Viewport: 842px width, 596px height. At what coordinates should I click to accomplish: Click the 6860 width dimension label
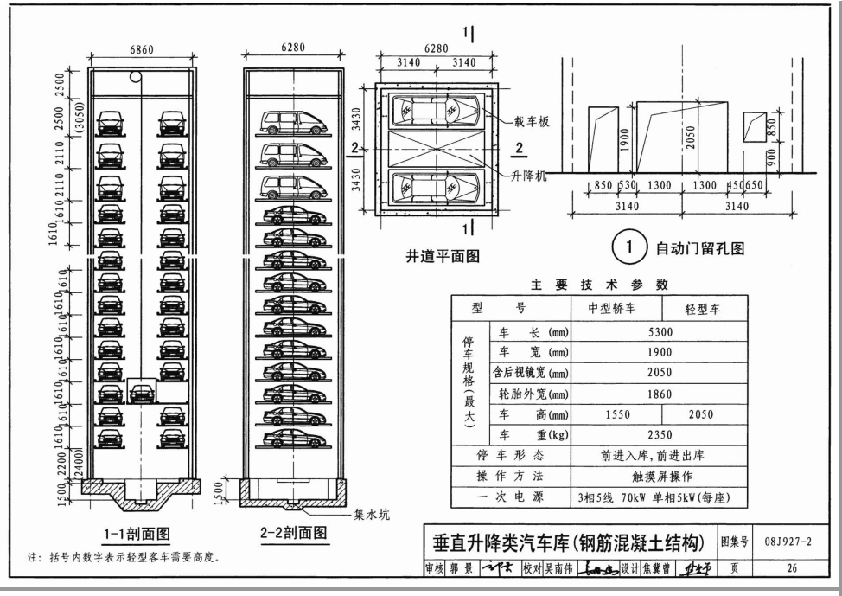click(x=142, y=50)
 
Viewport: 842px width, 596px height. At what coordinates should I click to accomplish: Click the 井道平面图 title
click(x=443, y=256)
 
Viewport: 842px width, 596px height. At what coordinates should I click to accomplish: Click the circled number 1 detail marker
click(x=629, y=250)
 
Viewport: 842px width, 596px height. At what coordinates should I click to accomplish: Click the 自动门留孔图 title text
click(x=700, y=250)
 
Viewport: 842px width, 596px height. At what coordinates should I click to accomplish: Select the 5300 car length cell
click(x=660, y=332)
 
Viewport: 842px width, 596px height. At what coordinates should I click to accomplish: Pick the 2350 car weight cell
click(x=660, y=435)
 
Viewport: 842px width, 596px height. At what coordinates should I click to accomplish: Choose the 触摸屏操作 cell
click(x=660, y=477)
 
